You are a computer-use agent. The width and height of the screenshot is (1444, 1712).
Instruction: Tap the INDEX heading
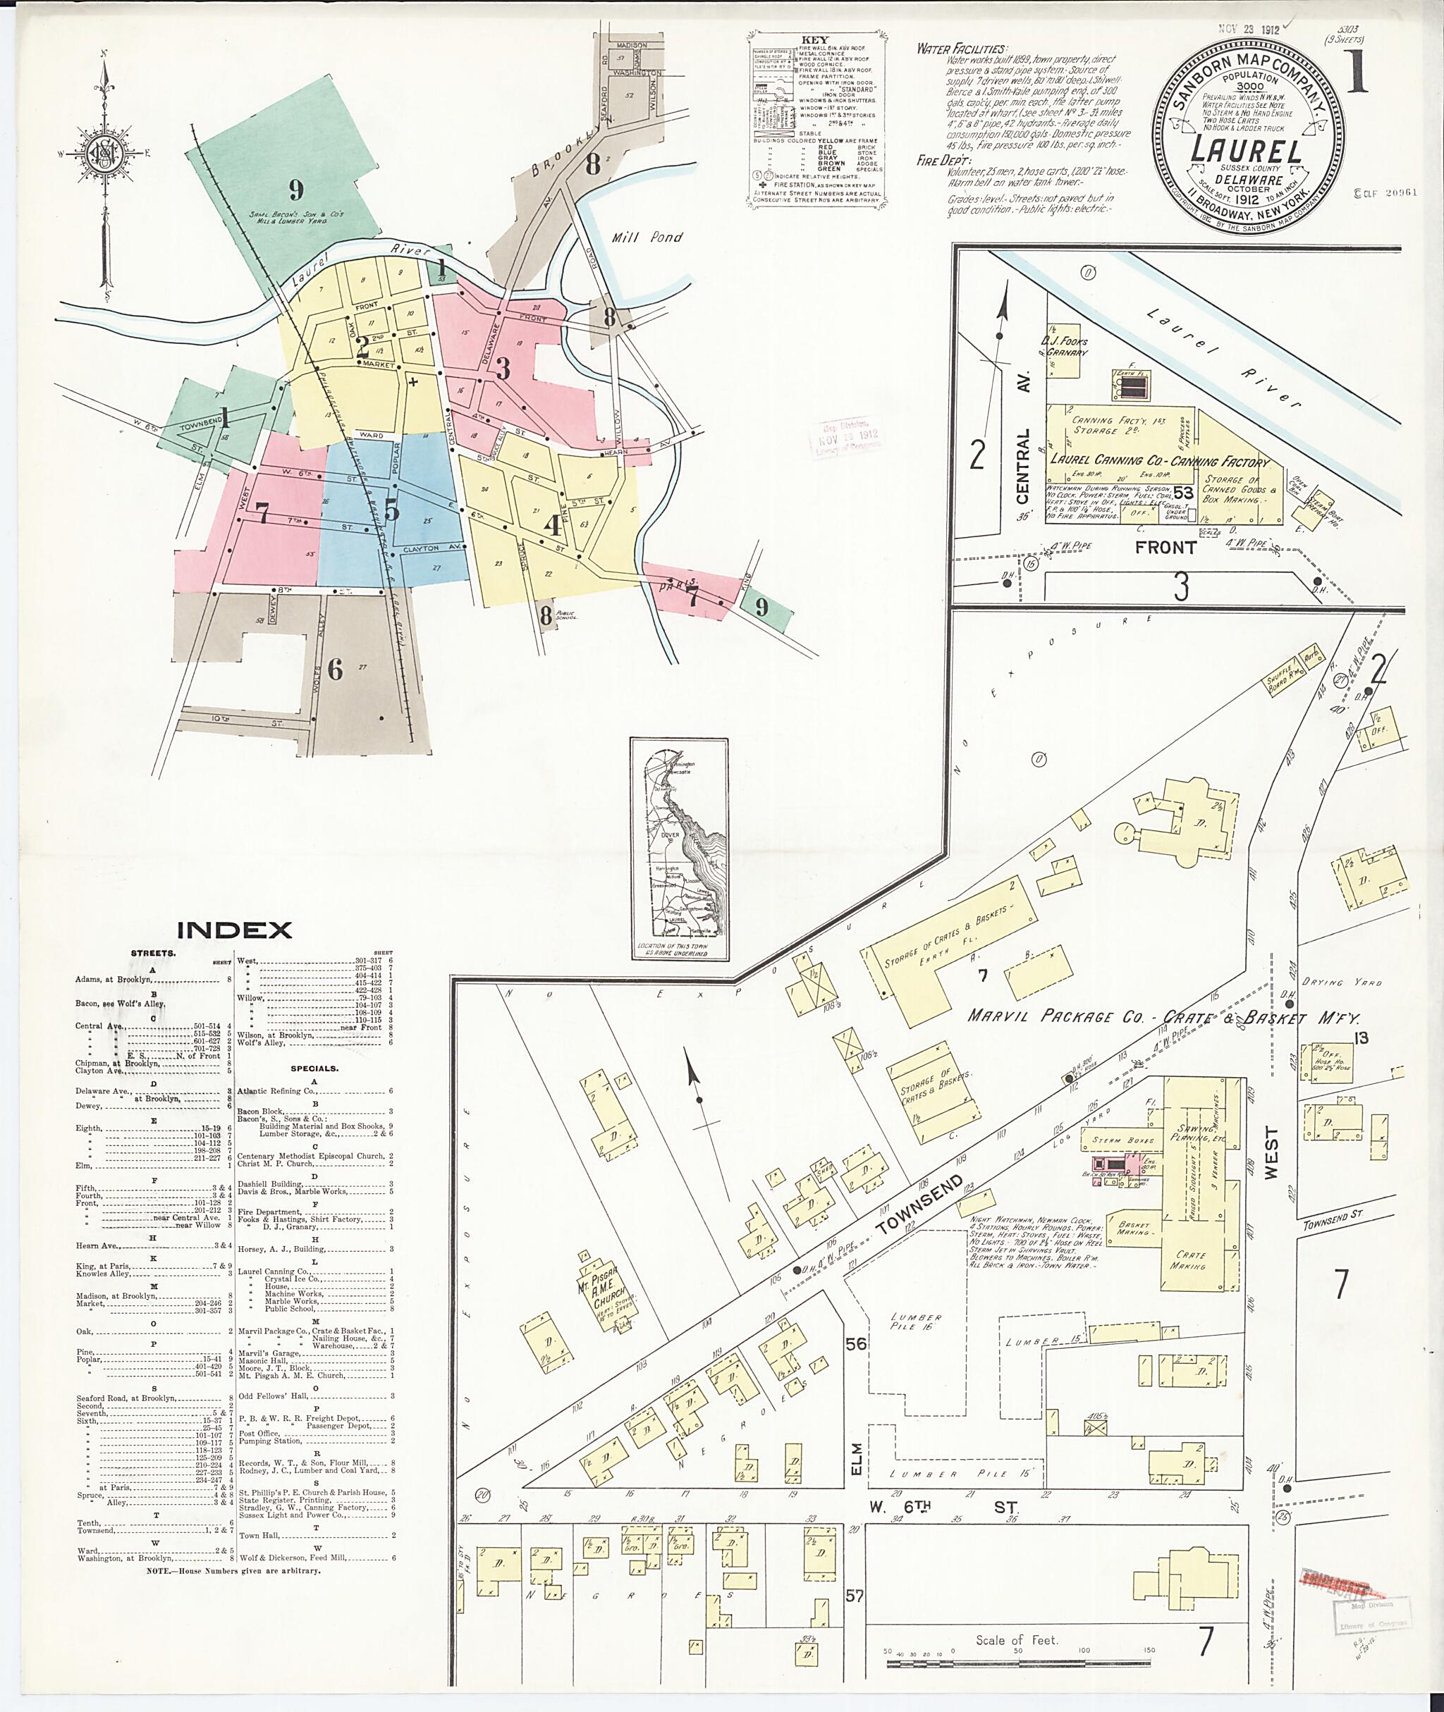click(x=234, y=930)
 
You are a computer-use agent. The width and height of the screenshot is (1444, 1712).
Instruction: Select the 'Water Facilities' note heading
click(x=962, y=49)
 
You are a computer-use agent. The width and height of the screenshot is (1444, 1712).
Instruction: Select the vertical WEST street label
click(x=1271, y=1154)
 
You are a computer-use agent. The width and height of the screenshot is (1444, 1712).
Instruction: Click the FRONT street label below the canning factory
click(x=1165, y=548)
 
